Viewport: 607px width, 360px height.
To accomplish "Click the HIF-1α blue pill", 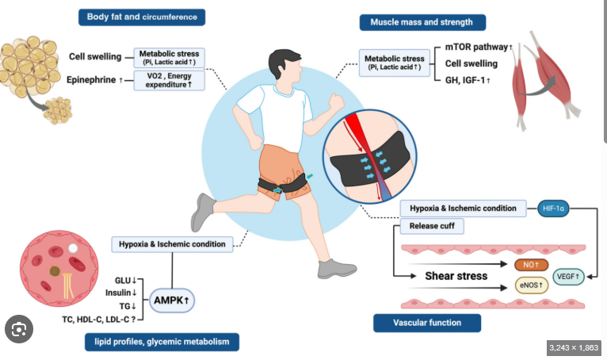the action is click(553, 209).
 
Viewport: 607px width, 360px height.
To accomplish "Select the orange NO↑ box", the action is click(531, 265).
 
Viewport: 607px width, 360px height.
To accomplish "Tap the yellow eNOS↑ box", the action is click(532, 285).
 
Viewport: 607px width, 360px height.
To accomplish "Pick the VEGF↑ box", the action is click(568, 277).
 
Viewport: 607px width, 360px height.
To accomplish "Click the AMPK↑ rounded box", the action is click(171, 301).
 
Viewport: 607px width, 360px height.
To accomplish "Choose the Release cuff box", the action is click(432, 226).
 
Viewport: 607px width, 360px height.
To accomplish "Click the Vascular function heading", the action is click(427, 323).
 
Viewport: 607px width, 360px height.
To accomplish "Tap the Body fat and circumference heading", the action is click(142, 17).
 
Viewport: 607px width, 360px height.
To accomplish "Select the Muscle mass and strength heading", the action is click(422, 22).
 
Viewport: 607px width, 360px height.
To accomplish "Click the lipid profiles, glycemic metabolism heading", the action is click(162, 342).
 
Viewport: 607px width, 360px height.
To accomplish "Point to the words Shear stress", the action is click(456, 276).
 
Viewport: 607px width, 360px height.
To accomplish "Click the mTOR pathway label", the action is click(479, 47).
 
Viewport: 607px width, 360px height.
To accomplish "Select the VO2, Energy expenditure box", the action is click(169, 80).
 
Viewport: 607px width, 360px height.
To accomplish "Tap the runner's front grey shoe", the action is click(337, 269).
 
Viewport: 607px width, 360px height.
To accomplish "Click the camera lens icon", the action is click(19, 329).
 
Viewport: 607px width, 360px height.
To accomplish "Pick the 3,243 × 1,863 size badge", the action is click(574, 347).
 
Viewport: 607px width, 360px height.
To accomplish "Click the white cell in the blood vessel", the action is click(73, 248).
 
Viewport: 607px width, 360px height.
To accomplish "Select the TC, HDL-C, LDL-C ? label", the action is click(99, 320).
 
